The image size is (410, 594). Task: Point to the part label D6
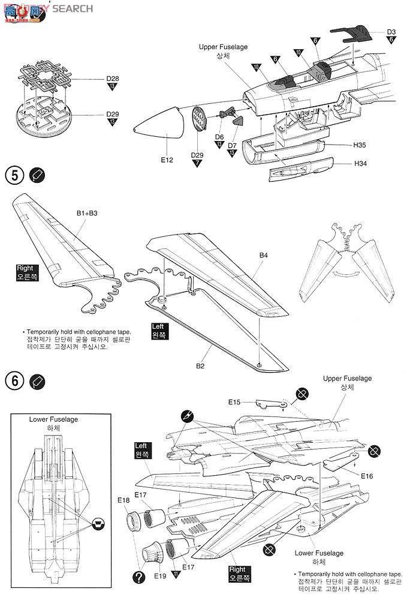(220, 137)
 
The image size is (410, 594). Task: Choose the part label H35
(360, 145)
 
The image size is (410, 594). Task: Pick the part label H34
(360, 164)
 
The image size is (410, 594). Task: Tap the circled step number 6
(13, 380)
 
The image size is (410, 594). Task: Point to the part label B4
(264, 256)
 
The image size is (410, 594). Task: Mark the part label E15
(234, 402)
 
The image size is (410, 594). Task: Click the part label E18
(123, 500)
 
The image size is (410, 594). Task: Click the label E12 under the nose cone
(167, 160)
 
